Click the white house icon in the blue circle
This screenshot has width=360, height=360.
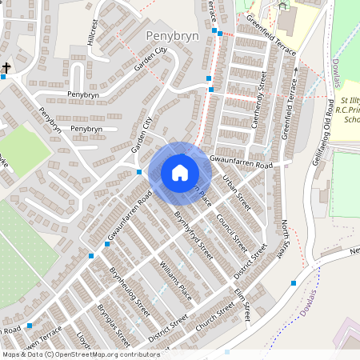coord(180,173)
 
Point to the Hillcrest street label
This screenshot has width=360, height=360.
coord(94,32)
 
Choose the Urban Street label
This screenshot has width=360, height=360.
coord(237,192)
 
